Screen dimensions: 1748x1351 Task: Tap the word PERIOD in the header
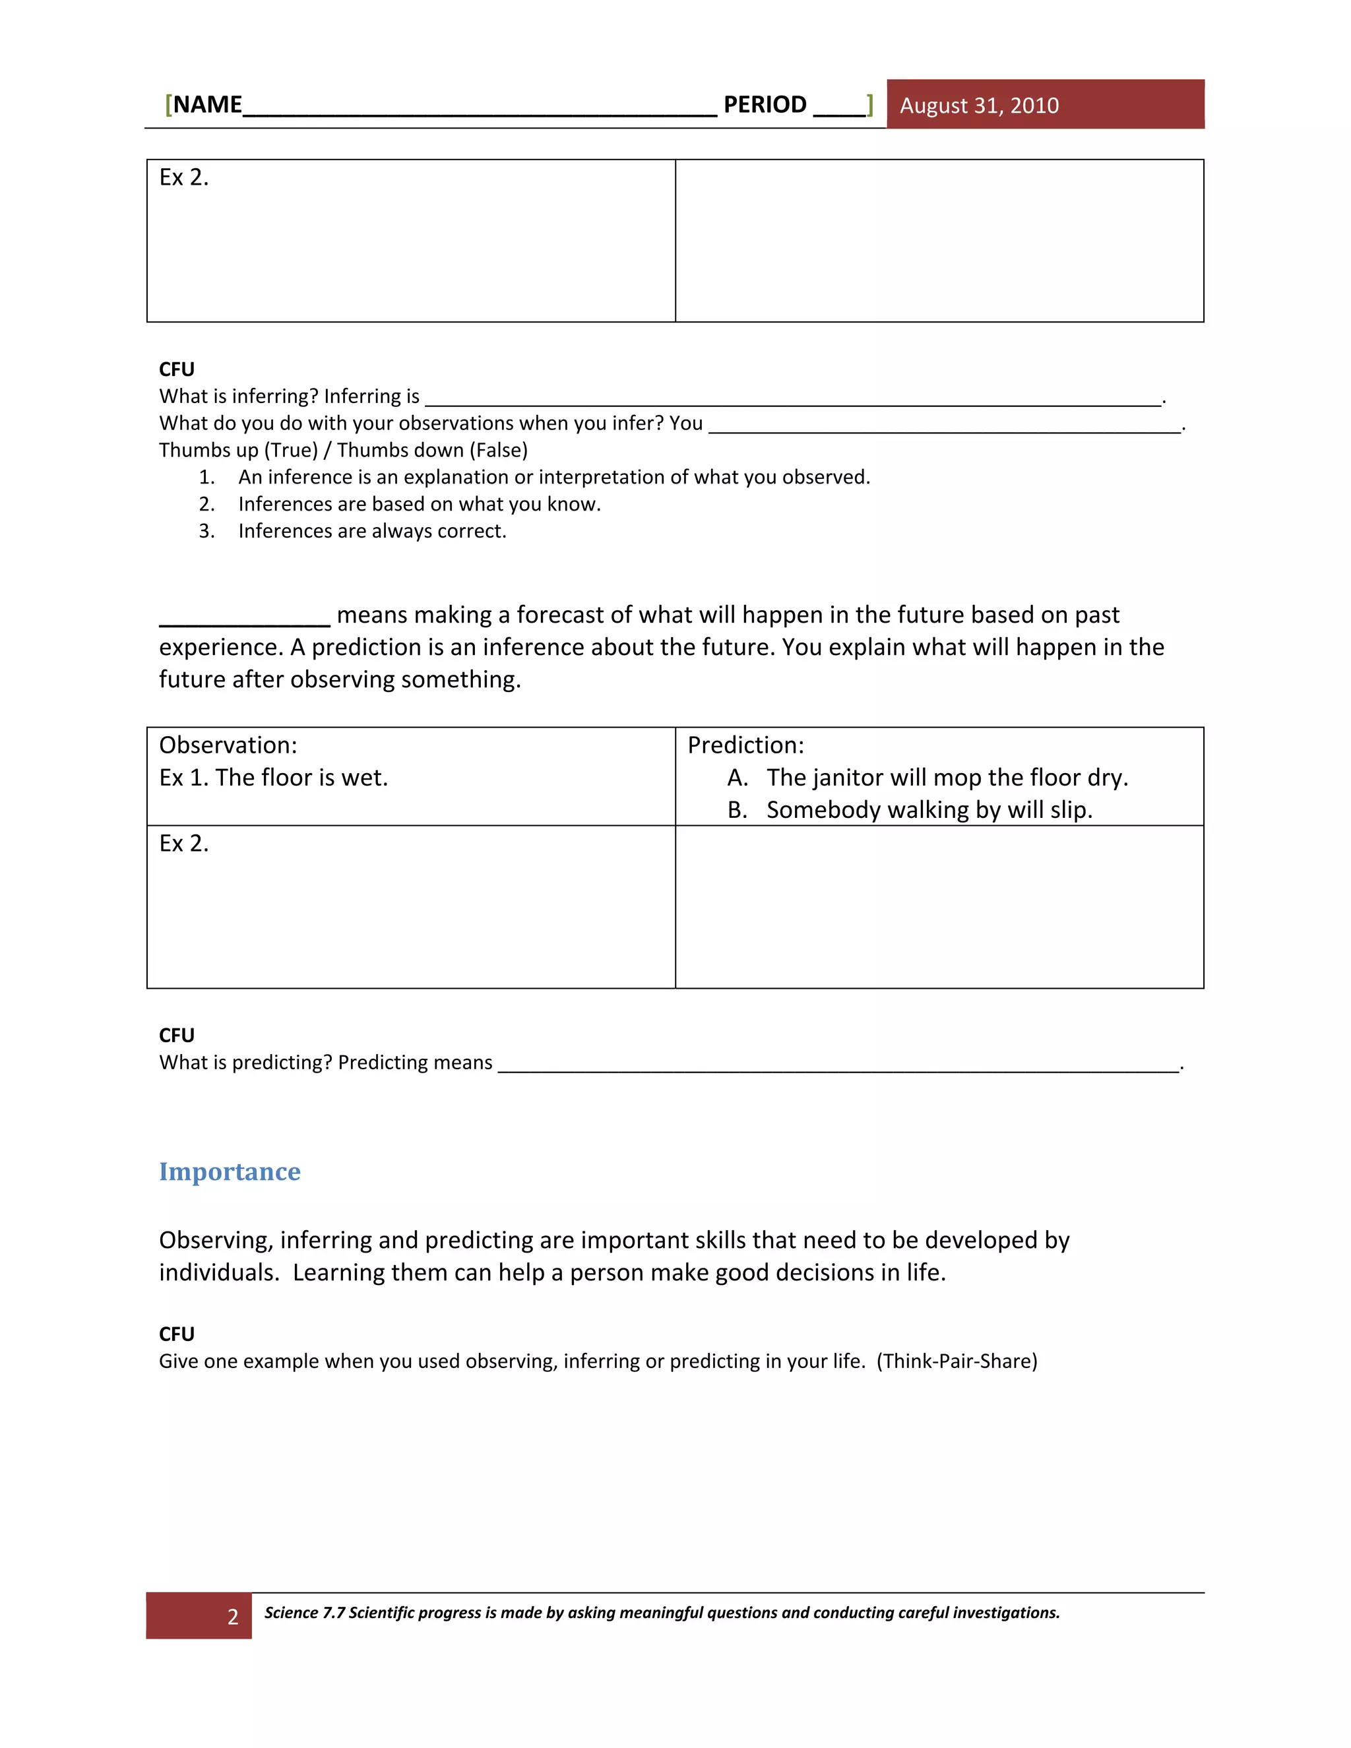click(765, 105)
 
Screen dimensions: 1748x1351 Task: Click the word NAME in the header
click(207, 105)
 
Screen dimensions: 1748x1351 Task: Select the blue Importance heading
click(230, 1171)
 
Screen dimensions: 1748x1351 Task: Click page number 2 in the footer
click(232, 1617)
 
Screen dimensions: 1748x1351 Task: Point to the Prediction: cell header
click(745, 745)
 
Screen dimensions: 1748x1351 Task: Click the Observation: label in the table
click(228, 745)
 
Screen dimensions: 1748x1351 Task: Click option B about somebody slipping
click(928, 810)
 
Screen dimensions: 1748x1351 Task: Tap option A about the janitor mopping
click(947, 778)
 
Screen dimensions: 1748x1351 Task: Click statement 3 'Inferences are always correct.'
click(372, 532)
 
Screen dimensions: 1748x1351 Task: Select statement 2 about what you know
click(419, 504)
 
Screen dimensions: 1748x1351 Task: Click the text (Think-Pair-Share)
click(957, 1361)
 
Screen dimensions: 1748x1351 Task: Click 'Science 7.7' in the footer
click(305, 1613)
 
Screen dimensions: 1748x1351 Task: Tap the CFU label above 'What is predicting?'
click(177, 1036)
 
